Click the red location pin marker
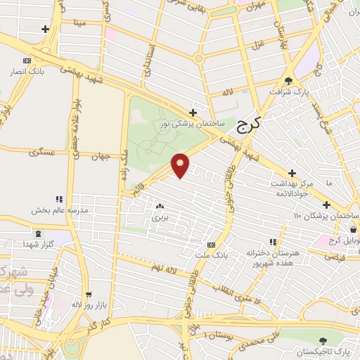click(181, 165)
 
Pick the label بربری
click(160, 218)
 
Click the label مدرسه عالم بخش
click(58, 210)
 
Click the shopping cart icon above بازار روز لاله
click(88, 295)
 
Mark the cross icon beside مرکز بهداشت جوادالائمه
click(291, 173)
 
